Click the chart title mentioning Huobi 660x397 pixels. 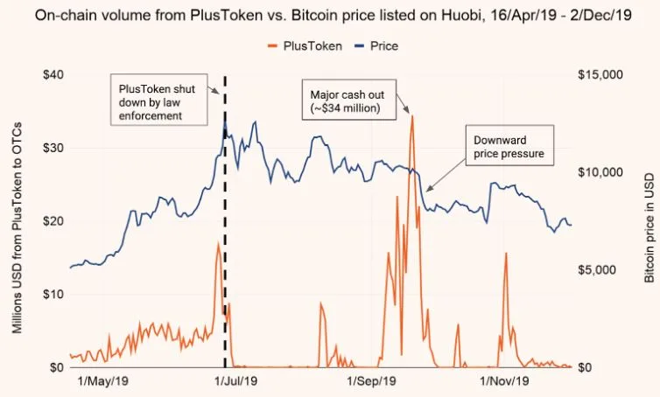pos(329,15)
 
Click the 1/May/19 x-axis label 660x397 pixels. pos(103,381)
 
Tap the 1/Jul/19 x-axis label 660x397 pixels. pos(233,381)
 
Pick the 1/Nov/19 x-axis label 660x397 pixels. pos(504,381)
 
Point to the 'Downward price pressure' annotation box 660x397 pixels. pos(511,147)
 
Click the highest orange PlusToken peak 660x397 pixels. pos(411,117)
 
